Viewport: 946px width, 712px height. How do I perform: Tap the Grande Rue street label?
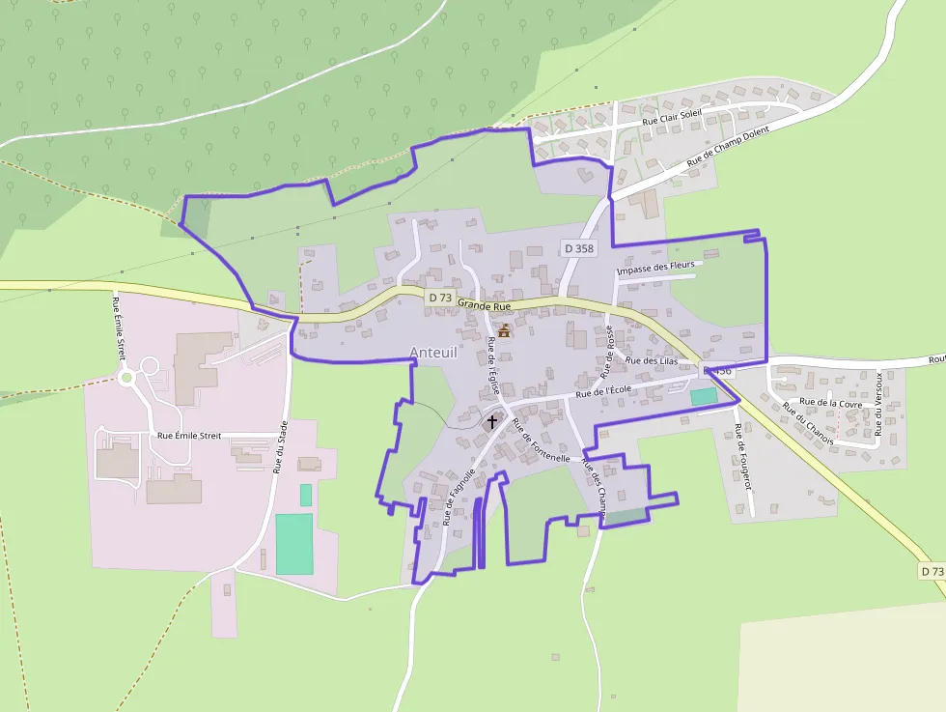[484, 304]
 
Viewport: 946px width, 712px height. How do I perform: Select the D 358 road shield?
[579, 248]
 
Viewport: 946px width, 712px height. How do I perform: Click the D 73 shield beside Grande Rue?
[439, 297]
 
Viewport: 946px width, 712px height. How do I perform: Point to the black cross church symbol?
[492, 421]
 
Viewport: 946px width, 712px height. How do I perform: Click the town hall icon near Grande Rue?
[503, 331]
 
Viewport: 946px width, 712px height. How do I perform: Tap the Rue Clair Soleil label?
[673, 118]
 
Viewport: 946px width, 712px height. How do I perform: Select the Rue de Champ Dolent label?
[729, 149]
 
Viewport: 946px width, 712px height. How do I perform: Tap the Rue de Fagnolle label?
[459, 497]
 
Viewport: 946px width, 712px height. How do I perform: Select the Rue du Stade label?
[281, 450]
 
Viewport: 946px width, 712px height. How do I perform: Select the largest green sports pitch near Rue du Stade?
[294, 544]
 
